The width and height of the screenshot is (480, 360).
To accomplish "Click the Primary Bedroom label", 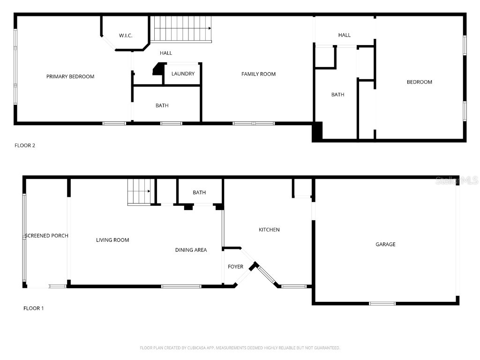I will [70, 76].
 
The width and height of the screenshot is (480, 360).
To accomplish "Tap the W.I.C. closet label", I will [125, 36].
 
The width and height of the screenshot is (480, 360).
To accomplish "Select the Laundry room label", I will [183, 74].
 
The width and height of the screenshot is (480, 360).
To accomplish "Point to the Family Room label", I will [258, 74].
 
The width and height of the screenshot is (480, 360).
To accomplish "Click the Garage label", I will [385, 244].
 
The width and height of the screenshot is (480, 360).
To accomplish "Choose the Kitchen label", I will [269, 230].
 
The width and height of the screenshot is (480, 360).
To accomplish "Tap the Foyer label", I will [235, 267].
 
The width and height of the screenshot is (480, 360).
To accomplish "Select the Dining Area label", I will [191, 250].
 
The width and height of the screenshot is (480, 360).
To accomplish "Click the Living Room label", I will [112, 240].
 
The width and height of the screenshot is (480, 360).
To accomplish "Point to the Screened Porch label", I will [47, 235].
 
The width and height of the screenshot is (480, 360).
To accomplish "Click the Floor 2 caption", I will [25, 145].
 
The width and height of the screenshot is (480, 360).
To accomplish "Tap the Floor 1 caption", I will [33, 308].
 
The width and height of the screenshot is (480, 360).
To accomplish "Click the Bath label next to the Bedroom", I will [337, 95].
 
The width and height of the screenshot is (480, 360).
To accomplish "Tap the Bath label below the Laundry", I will [162, 105].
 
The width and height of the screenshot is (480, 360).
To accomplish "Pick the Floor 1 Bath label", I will [199, 193].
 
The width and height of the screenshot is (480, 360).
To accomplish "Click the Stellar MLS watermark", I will [457, 180].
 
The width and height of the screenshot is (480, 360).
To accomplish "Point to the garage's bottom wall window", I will [382, 303].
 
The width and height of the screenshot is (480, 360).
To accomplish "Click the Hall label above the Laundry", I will [166, 53].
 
